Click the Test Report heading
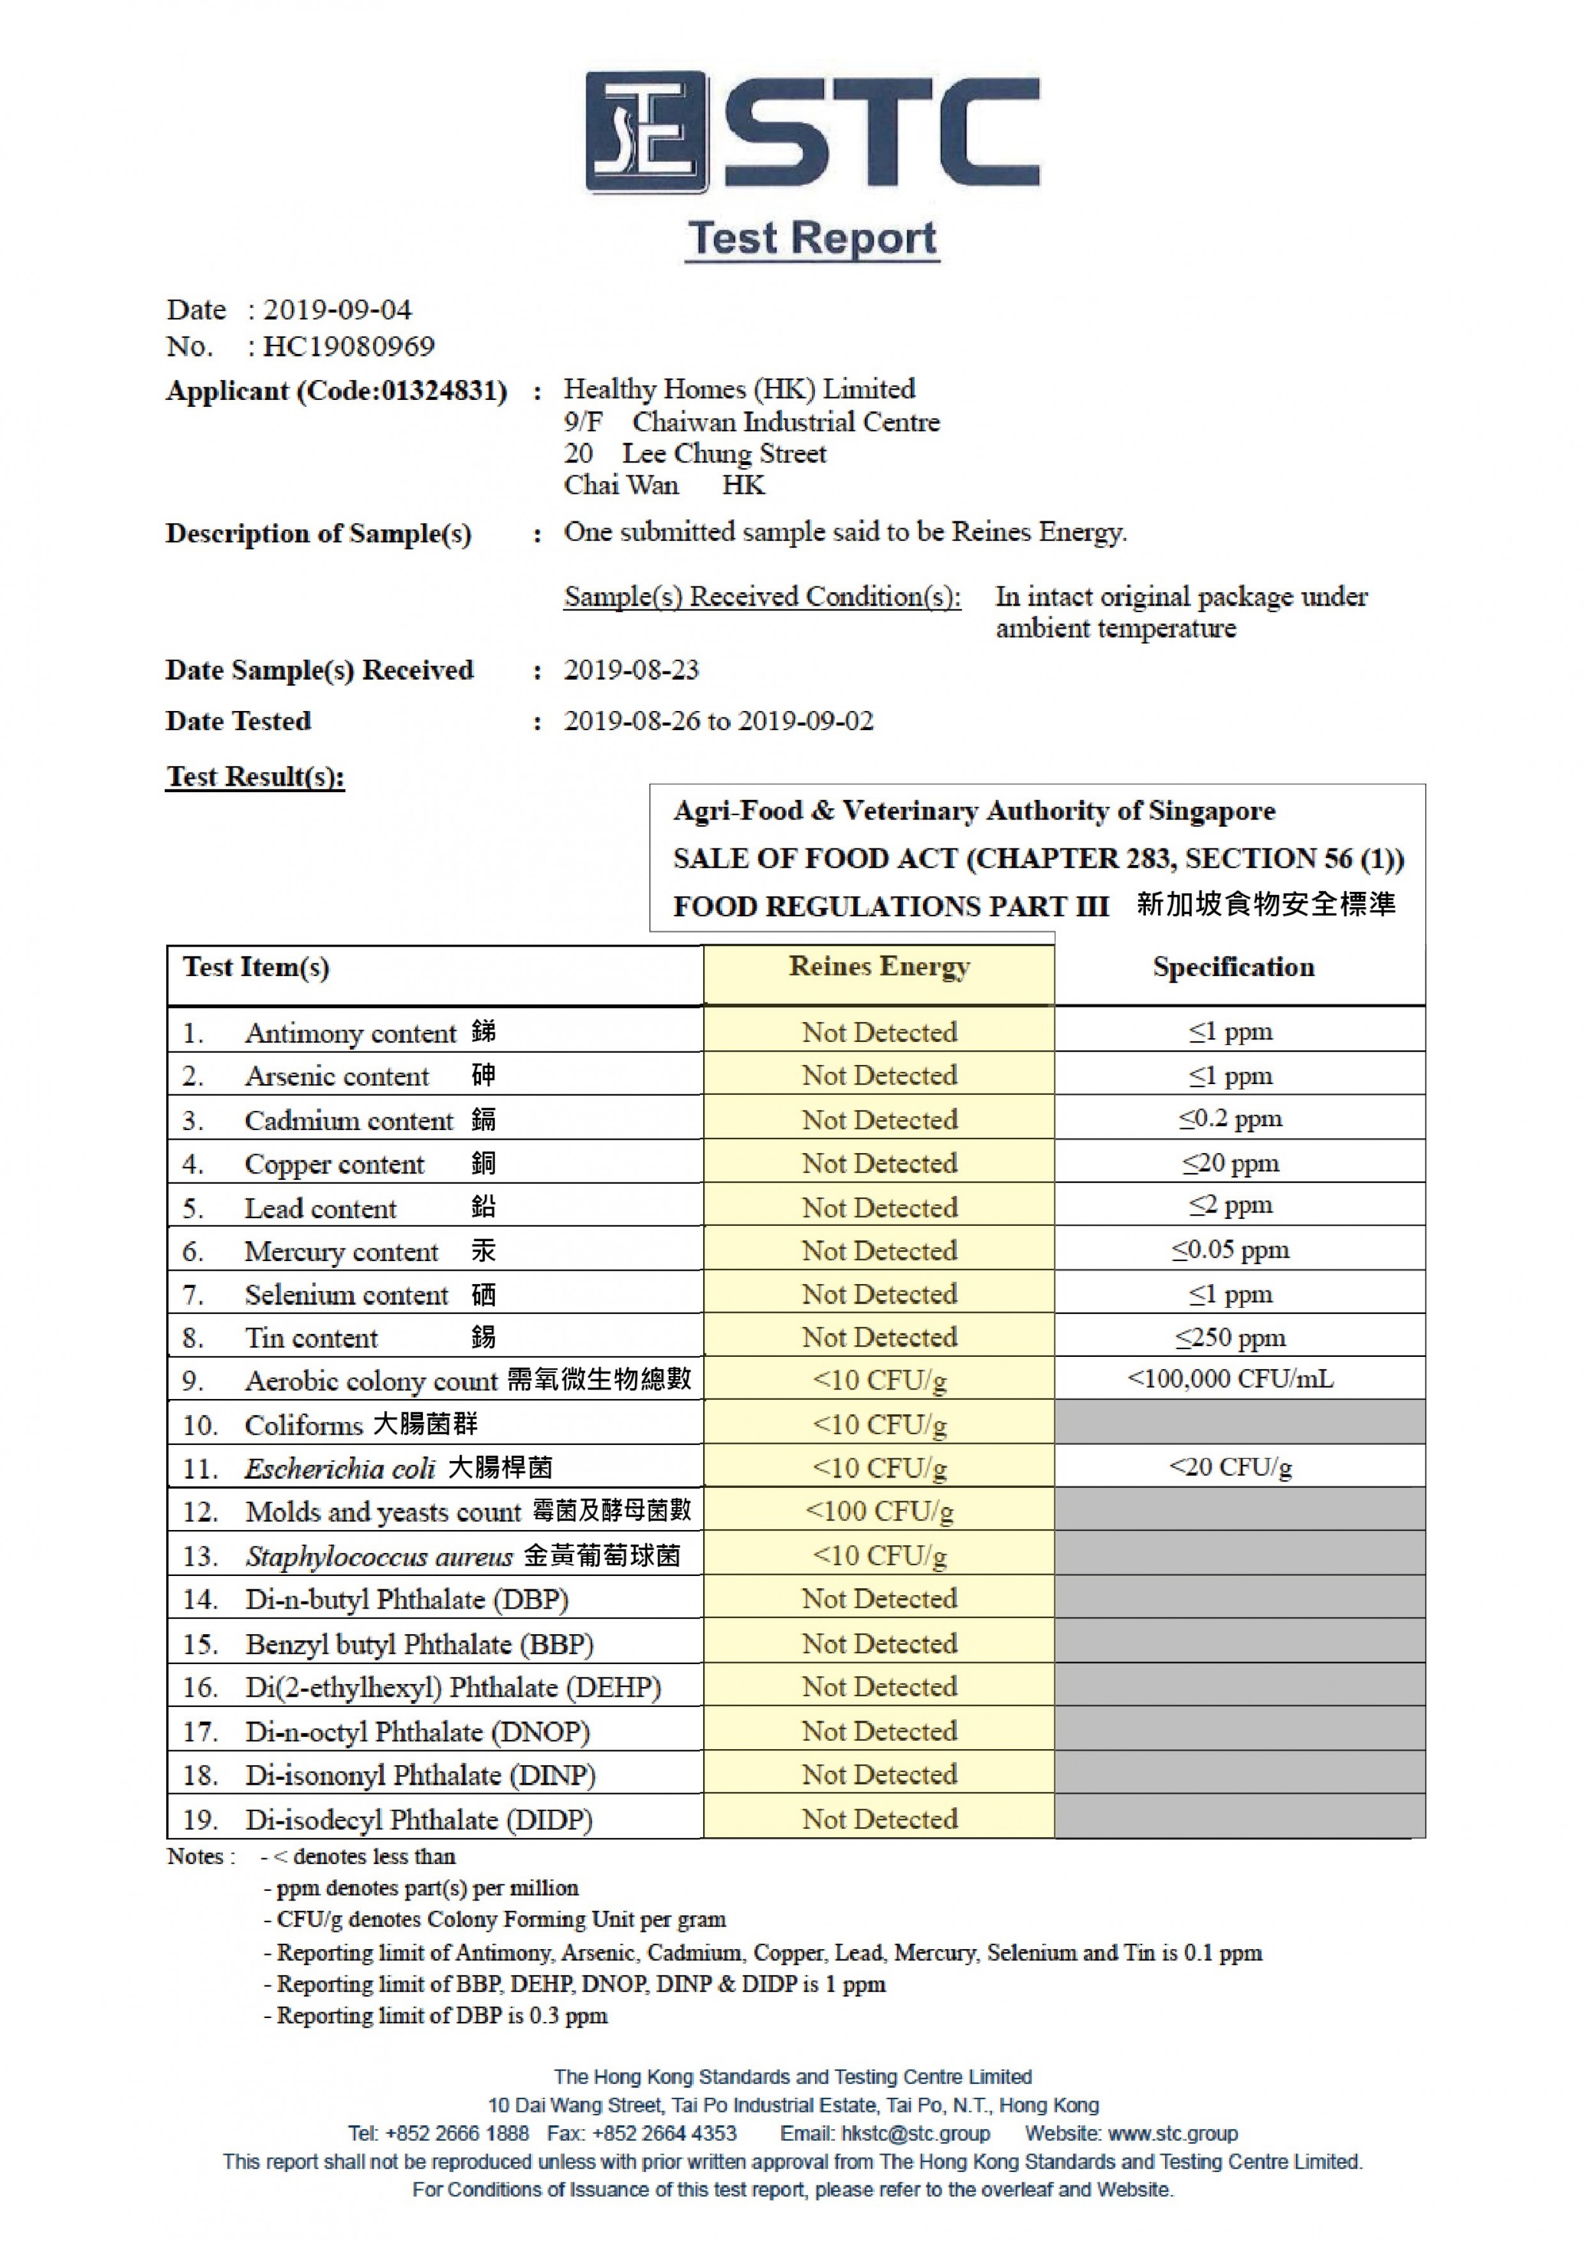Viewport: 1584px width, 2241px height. coord(812,238)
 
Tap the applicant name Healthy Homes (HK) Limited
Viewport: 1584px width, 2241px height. coord(739,390)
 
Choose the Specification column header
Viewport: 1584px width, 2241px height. coord(1233,967)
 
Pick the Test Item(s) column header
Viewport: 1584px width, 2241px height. coord(255,967)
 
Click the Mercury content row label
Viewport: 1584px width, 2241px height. coord(342,1251)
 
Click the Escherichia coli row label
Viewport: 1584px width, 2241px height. coord(326,1468)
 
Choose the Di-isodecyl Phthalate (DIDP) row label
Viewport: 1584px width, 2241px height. coord(420,1819)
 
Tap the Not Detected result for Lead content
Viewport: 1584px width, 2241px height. coord(878,1207)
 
